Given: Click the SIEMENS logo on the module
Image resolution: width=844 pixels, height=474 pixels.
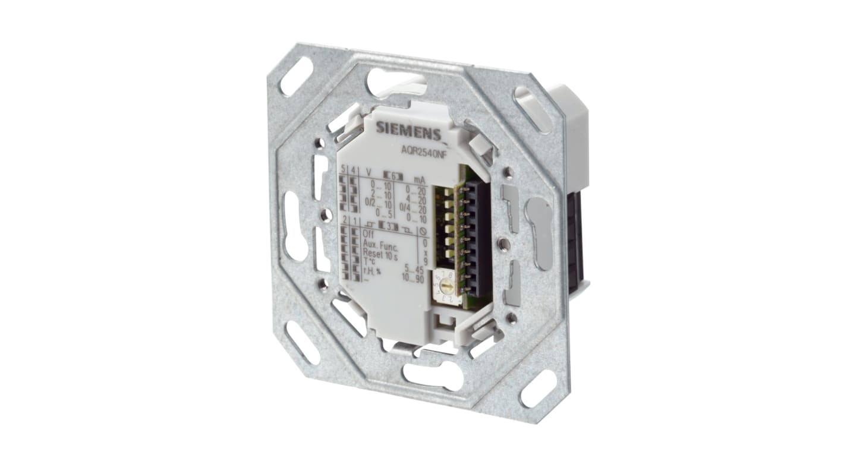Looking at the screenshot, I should click(x=407, y=129).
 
